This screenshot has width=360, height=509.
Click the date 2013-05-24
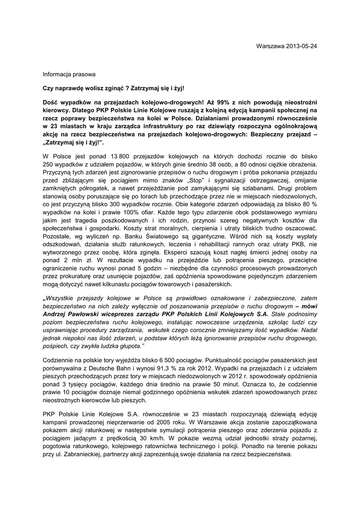coord(302,46)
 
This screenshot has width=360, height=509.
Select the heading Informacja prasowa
coord(69,75)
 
